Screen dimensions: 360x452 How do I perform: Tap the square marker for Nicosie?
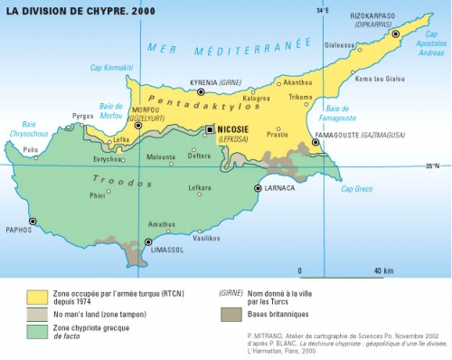210,129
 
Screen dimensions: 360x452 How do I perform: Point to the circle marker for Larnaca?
258,188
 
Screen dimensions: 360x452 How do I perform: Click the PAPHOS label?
19,230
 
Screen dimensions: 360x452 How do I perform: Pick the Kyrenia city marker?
201,91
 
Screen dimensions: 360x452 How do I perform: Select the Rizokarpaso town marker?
395,33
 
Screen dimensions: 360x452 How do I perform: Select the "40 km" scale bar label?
383,270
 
